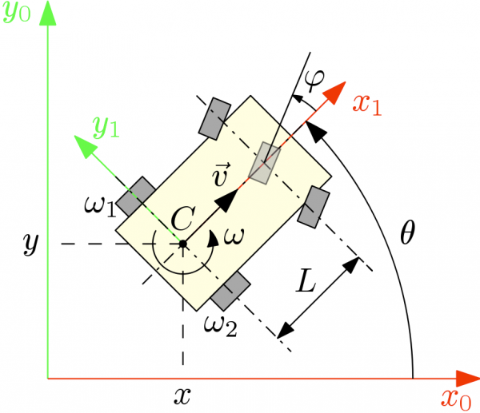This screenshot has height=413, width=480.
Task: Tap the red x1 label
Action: pyautogui.click(x=370, y=104)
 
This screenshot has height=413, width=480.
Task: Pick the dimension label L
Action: pyautogui.click(x=306, y=282)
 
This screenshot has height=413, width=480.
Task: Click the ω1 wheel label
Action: pyautogui.click(x=99, y=207)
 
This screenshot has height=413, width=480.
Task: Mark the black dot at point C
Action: pyautogui.click(x=183, y=243)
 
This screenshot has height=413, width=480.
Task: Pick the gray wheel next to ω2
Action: pyautogui.click(x=231, y=290)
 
